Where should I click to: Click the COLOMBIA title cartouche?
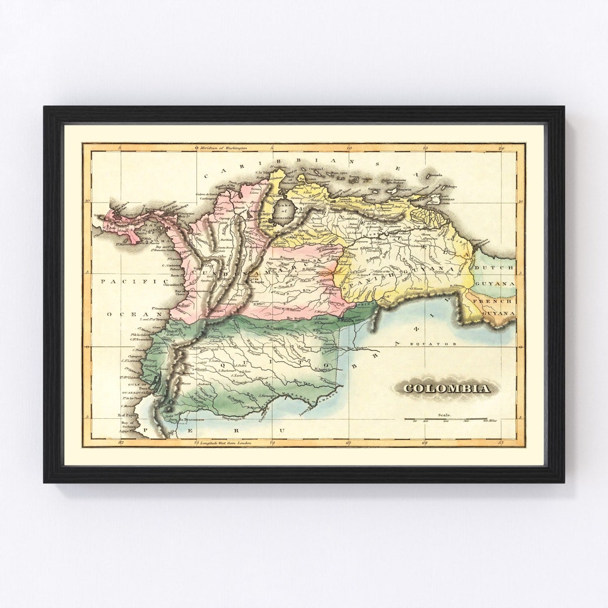[446, 388]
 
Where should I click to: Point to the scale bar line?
[445, 419]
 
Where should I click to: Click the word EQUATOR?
[436, 343]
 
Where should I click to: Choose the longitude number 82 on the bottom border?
[121, 443]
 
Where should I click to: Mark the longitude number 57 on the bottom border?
[501, 443]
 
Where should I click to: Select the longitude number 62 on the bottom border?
[425, 443]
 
